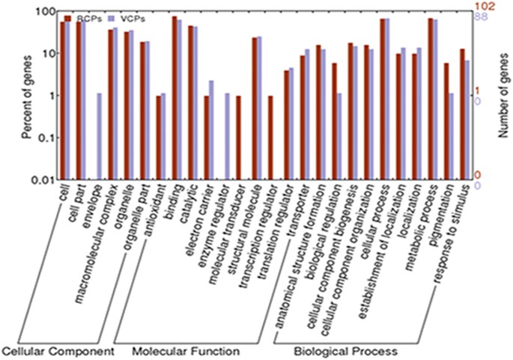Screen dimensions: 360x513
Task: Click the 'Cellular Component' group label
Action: click(x=57, y=350)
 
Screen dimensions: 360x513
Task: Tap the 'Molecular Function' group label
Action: click(x=186, y=350)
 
